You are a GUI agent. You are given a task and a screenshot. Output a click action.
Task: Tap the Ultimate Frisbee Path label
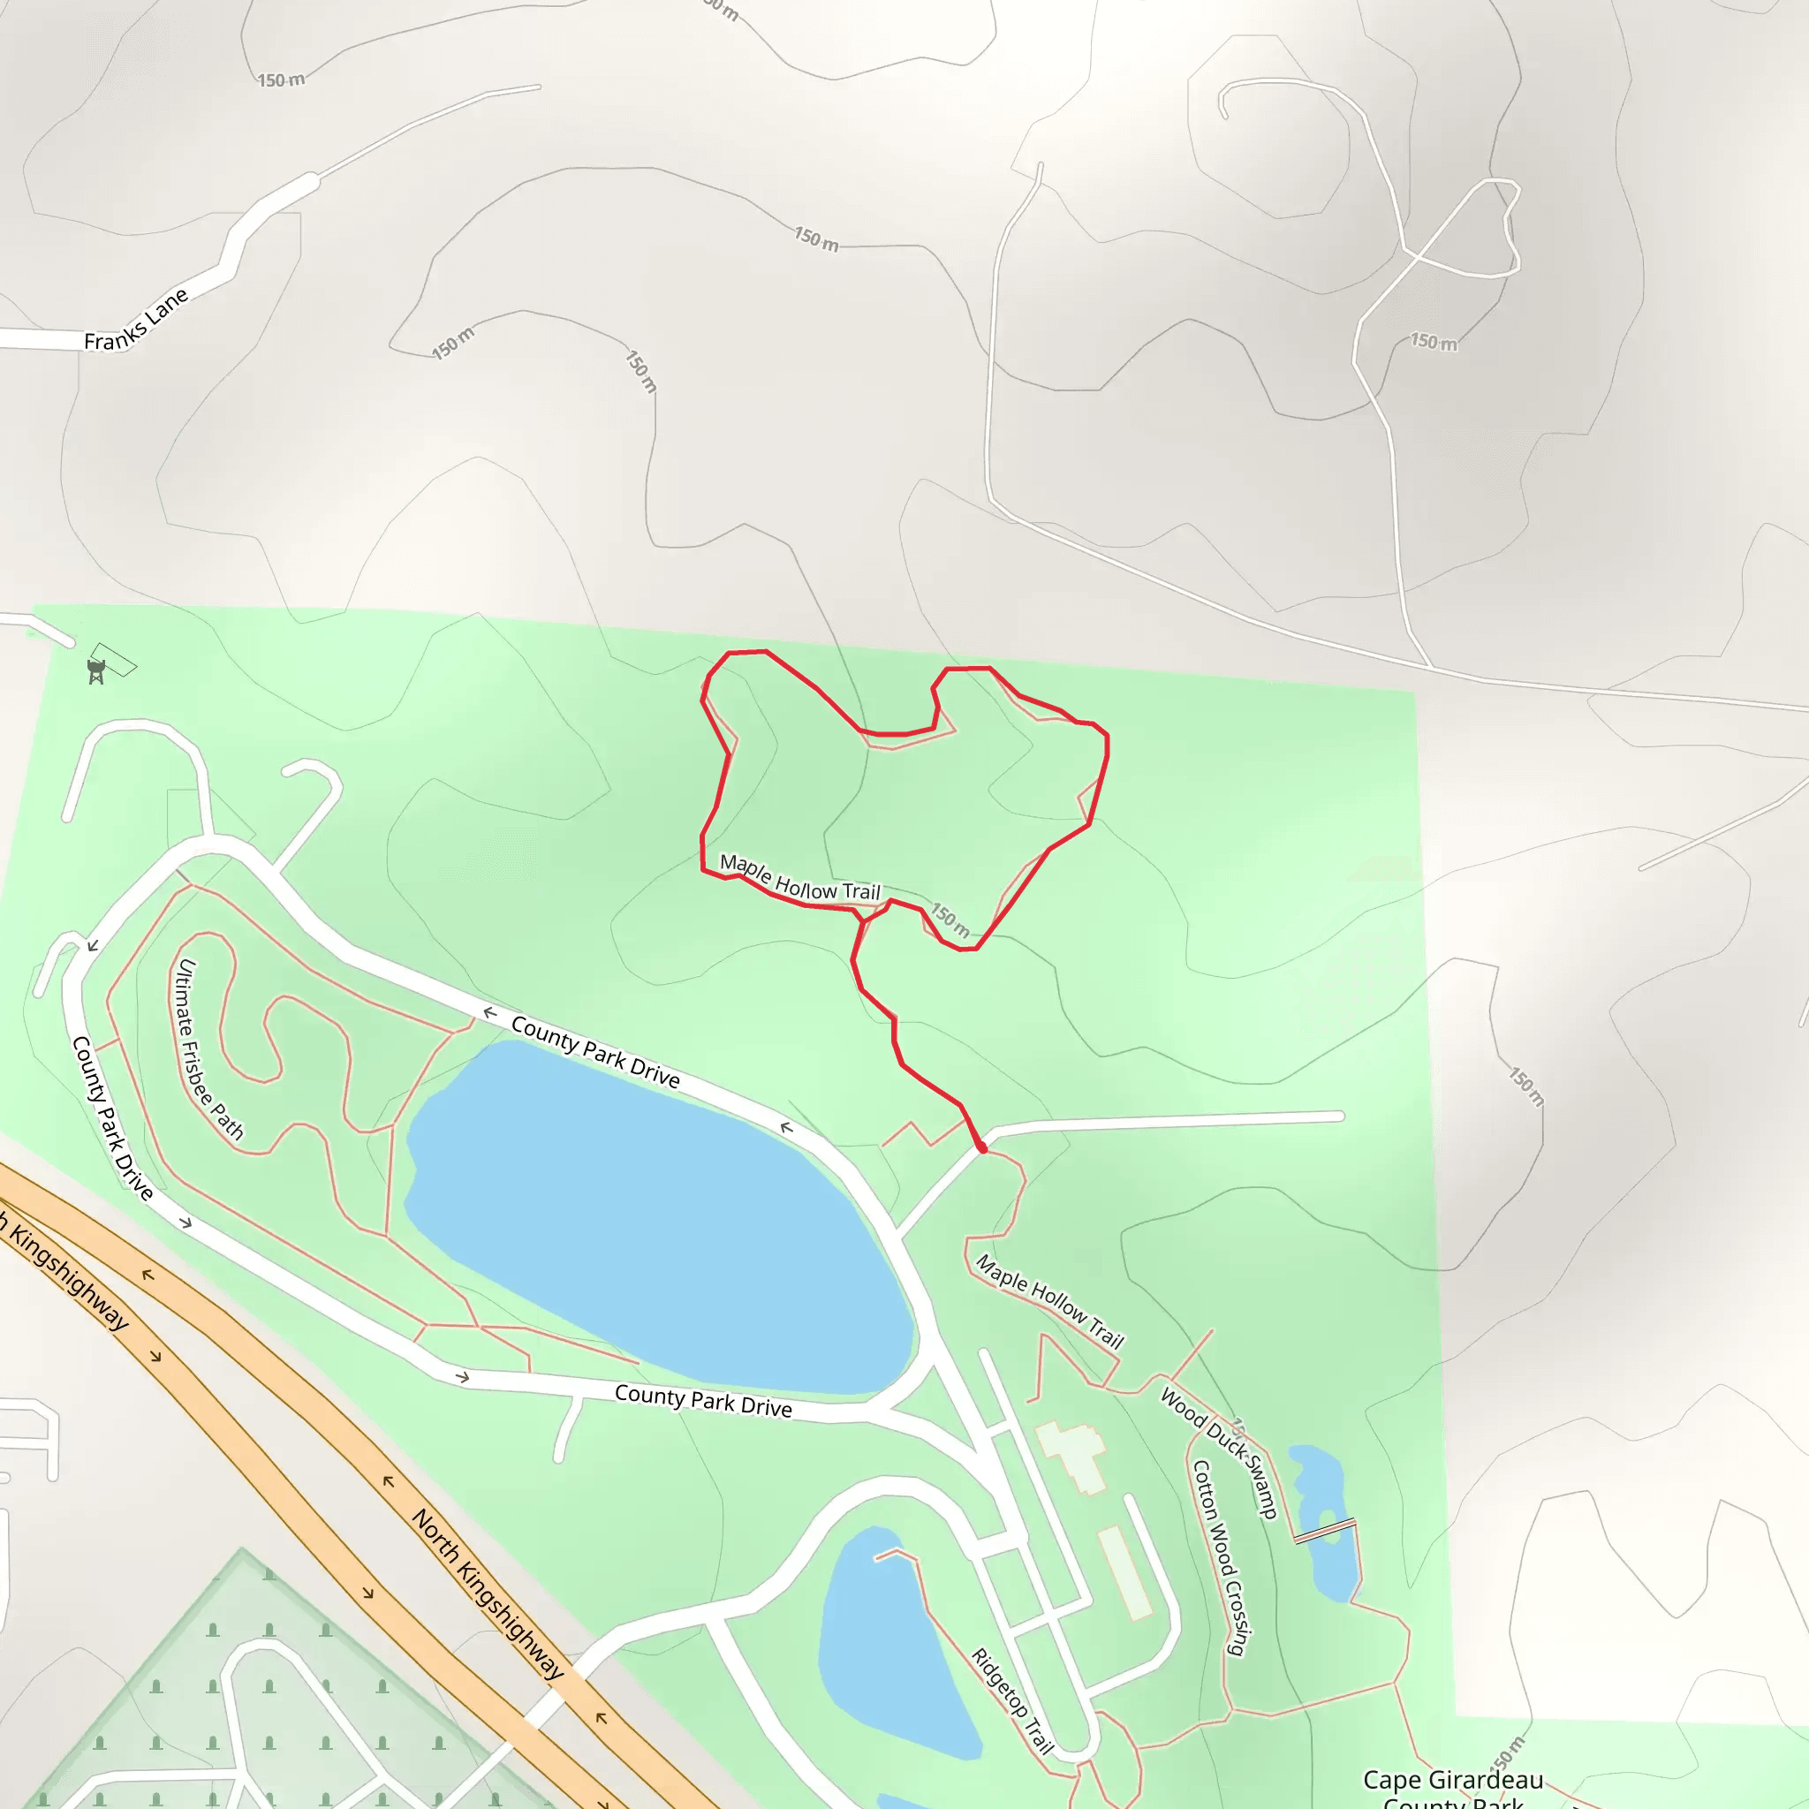(209, 1049)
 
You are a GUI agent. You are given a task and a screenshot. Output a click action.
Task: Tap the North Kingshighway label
(488, 1593)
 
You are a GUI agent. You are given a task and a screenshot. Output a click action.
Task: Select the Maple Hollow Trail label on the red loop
(799, 877)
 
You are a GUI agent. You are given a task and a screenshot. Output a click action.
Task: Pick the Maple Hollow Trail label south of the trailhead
(1048, 1301)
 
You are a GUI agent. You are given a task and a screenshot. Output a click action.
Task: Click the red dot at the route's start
(981, 1148)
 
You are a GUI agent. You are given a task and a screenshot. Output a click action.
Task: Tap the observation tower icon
(95, 670)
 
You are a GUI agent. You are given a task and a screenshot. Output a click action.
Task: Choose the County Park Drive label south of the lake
(703, 1401)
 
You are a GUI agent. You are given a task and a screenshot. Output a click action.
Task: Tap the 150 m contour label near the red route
(950, 920)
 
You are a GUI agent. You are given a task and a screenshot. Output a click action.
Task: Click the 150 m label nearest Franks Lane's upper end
(281, 80)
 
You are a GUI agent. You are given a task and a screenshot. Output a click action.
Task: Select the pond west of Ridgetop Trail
(889, 1648)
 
